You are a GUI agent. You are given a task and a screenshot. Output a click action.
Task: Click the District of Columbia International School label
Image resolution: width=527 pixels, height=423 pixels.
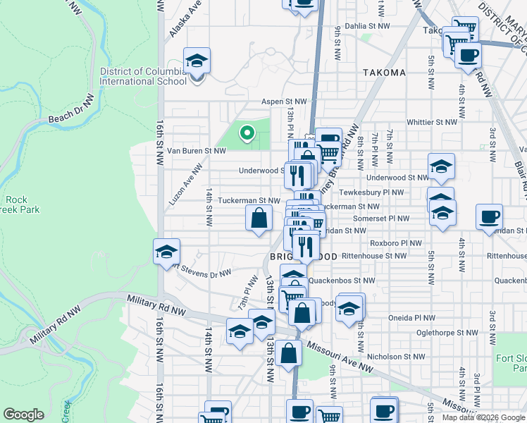coord(143,76)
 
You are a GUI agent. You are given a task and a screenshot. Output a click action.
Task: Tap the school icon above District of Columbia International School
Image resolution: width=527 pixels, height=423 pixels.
coord(197,61)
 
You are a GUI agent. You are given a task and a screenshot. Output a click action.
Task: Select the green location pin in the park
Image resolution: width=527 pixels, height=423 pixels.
coord(247,132)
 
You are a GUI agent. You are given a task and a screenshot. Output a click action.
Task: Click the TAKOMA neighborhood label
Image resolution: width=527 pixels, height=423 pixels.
coord(384,73)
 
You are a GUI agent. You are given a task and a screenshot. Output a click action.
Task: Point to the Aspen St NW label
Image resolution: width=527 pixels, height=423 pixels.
coord(285,102)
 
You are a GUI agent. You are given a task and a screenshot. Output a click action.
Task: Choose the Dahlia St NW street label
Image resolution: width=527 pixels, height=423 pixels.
coord(367,26)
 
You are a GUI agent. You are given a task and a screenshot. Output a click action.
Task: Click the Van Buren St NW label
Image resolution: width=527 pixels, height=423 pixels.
coord(201,150)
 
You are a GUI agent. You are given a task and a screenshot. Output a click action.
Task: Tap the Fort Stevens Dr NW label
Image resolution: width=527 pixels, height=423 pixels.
coord(202,271)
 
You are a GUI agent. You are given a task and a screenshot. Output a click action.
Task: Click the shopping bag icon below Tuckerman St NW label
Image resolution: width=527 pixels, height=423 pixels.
coord(259,218)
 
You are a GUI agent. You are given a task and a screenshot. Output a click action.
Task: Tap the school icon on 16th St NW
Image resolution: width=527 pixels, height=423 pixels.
coord(166,252)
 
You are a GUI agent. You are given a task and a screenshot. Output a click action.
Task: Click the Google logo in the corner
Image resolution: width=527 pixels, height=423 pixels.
coord(24,415)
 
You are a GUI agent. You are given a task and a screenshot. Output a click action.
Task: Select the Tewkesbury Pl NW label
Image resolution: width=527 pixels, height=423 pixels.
coord(371,192)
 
